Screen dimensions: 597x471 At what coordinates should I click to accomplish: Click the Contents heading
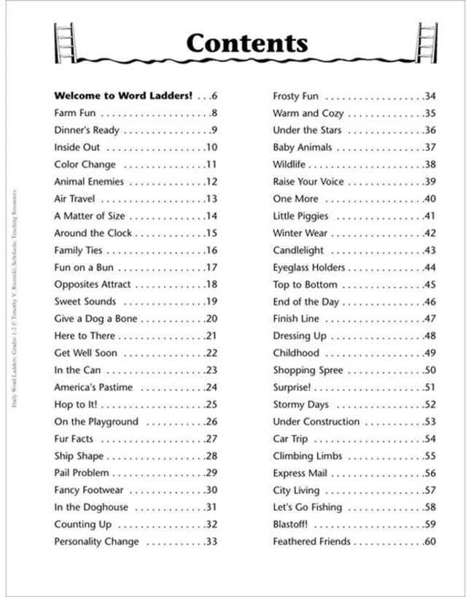tap(246, 43)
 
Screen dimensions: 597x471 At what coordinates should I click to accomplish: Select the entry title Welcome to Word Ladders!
tap(122, 96)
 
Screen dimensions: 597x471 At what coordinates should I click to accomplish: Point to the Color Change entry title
tap(85, 164)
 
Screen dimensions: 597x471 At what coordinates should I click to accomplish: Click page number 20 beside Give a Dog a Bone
tap(211, 319)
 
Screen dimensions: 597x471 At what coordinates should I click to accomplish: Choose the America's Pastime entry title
tap(94, 388)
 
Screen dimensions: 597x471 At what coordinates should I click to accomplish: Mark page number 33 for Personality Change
tap(211, 542)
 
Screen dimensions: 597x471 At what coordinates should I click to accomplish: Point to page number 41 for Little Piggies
tap(429, 216)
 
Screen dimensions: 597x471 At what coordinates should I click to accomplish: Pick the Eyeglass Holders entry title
tap(310, 267)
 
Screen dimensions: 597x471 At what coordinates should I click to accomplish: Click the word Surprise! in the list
tap(292, 388)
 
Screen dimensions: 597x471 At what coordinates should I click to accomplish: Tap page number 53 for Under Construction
tap(429, 422)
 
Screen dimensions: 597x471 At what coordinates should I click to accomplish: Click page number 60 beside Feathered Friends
tap(429, 542)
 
